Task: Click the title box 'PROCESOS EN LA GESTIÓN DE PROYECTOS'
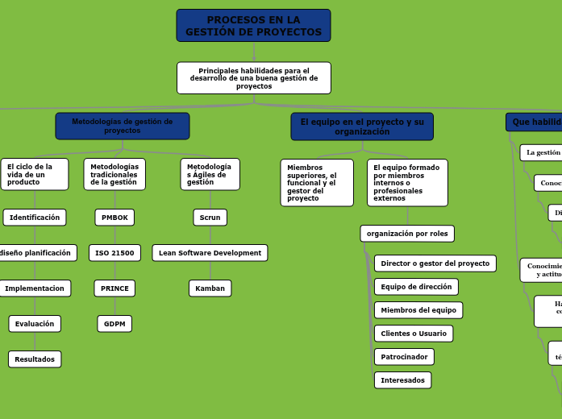[253, 26]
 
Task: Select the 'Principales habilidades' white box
[253, 78]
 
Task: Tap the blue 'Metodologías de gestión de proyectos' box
[123, 126]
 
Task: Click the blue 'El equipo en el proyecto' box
[362, 127]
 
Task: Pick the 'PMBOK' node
[114, 218]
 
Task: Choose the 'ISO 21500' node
[114, 253]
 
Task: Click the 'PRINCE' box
[114, 288]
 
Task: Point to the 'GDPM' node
[114, 324]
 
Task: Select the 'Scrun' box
[210, 218]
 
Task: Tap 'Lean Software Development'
[210, 253]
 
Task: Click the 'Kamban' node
[210, 288]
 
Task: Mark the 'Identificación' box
[35, 218]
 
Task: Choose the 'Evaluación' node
[35, 324]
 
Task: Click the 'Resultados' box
[35, 359]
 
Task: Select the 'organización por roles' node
[407, 234]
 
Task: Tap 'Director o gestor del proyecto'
[435, 263]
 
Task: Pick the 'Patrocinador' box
[404, 357]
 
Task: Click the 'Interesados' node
[402, 380]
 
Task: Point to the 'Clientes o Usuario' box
[414, 334]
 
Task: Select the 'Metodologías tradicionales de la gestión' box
[114, 174]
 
